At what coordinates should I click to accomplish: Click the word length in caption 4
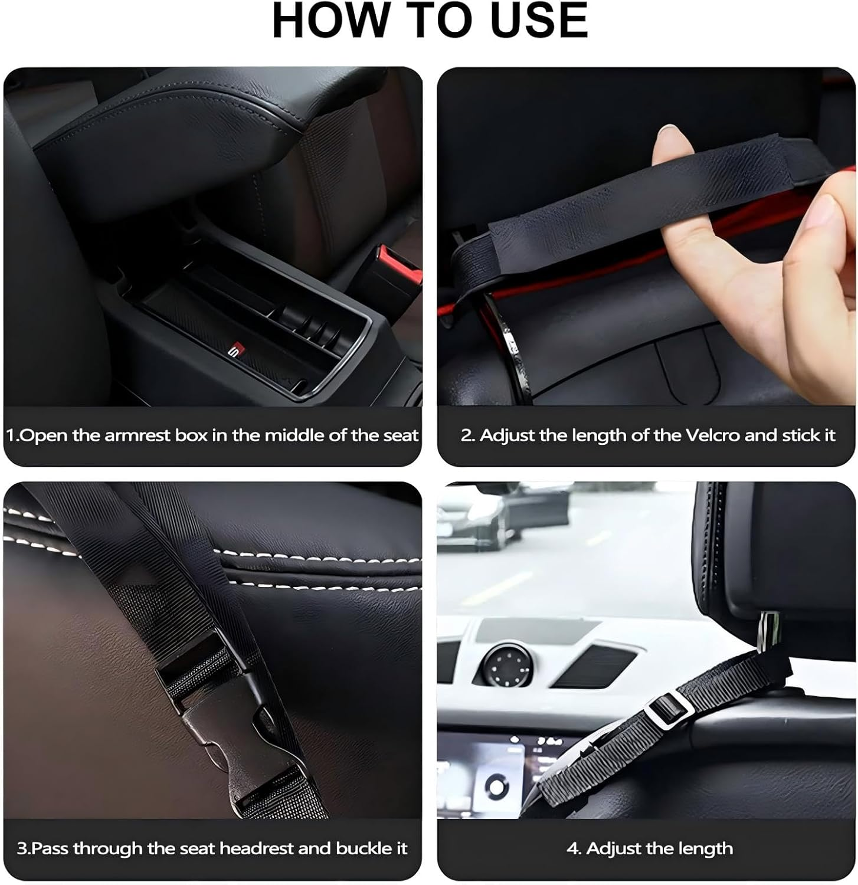click(703, 848)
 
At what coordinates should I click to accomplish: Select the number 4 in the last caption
click(572, 848)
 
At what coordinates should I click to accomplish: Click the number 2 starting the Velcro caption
click(467, 435)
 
